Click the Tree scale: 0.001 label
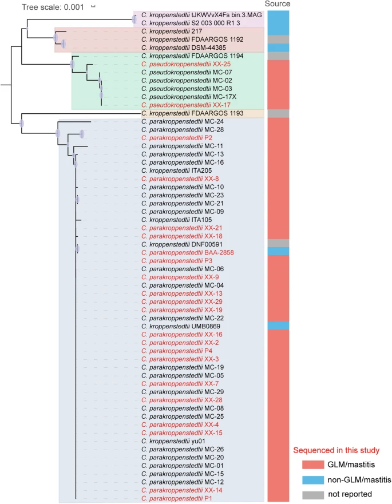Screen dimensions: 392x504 (53, 7)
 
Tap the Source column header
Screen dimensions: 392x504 (277, 4)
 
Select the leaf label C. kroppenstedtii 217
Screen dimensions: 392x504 (172, 31)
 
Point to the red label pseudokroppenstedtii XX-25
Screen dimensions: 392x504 (186, 64)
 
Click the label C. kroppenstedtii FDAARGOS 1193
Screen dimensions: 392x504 (192, 113)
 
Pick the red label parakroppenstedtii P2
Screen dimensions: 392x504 (177, 138)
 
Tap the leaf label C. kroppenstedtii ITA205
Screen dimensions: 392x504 (177, 170)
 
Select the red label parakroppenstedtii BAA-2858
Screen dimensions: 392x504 (188, 253)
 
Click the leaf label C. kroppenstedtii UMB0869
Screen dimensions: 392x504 (181, 326)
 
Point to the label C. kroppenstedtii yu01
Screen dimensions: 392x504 (173, 441)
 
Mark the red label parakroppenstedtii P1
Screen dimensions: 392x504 (177, 498)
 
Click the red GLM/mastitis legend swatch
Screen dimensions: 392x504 (313, 465)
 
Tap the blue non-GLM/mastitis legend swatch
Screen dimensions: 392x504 (313, 480)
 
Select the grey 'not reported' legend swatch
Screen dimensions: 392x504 (313, 495)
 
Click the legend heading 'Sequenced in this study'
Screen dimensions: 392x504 (336, 450)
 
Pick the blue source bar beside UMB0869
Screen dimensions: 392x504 (278, 326)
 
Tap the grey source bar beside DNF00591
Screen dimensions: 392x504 (278, 243)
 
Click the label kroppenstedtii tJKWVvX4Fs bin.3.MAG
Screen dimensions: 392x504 (201, 15)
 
